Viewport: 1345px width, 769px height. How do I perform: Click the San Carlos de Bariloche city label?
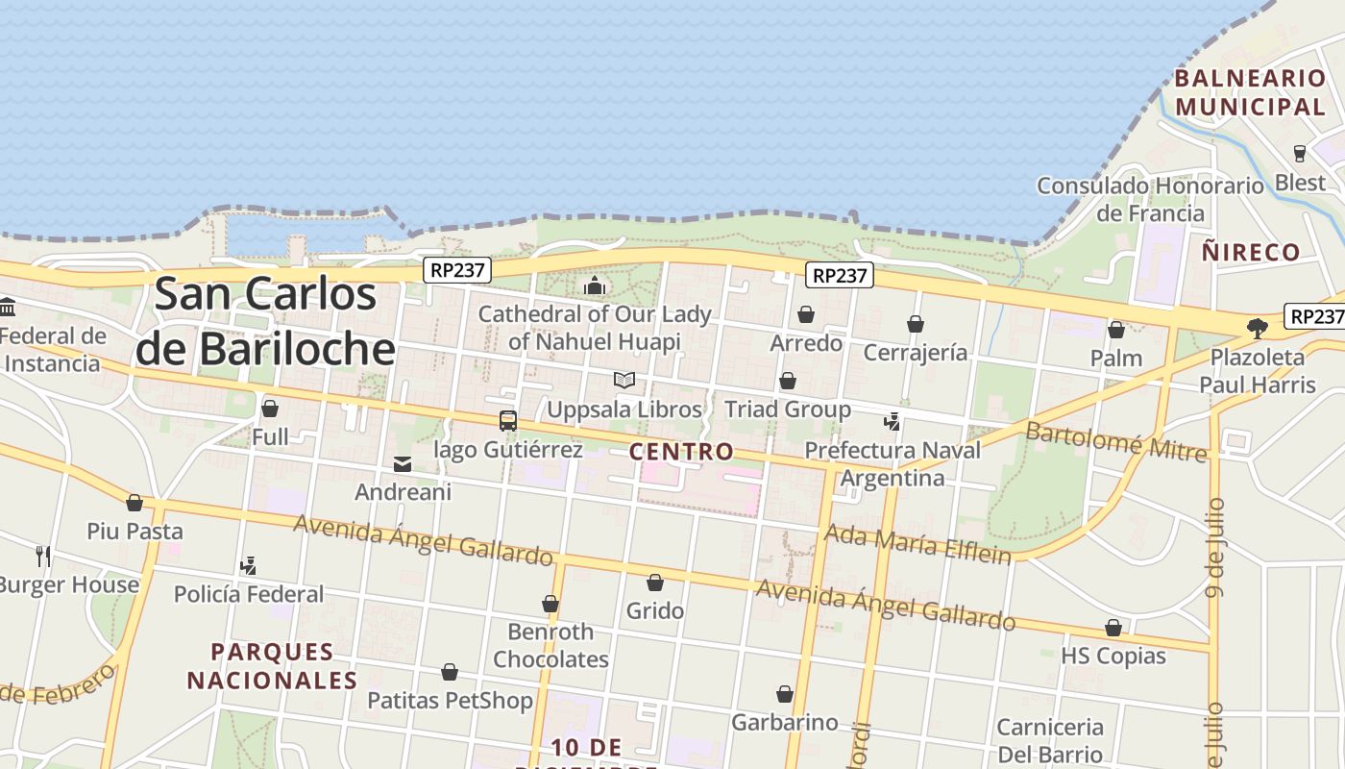(x=266, y=321)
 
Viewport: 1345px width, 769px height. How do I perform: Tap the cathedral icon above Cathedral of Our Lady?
(x=595, y=285)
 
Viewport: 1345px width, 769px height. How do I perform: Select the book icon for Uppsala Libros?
(x=624, y=381)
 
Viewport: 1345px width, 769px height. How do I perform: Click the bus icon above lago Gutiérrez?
(x=508, y=421)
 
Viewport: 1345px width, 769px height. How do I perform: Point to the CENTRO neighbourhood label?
(x=681, y=452)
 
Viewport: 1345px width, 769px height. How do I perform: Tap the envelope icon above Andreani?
(x=403, y=465)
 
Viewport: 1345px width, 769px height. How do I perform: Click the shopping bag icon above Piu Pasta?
(x=134, y=504)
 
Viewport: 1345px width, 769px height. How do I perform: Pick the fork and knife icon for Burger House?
(x=43, y=556)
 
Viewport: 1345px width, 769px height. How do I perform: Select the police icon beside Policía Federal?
(x=249, y=566)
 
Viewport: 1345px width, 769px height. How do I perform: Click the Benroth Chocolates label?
(x=550, y=645)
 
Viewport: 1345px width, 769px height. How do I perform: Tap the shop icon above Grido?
(x=655, y=583)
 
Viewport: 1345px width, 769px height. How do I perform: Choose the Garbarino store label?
(x=785, y=722)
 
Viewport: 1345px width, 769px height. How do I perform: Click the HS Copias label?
(x=1113, y=657)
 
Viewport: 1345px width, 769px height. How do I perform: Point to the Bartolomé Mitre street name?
(x=1116, y=441)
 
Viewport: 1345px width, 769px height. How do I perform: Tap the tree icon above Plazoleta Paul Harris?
(x=1257, y=329)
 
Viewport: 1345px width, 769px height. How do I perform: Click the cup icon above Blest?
(x=1300, y=154)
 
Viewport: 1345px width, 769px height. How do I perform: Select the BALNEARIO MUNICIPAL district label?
(x=1250, y=92)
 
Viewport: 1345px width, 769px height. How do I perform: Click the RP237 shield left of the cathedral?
(x=457, y=270)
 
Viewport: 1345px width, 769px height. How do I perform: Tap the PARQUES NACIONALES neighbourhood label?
(x=272, y=666)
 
